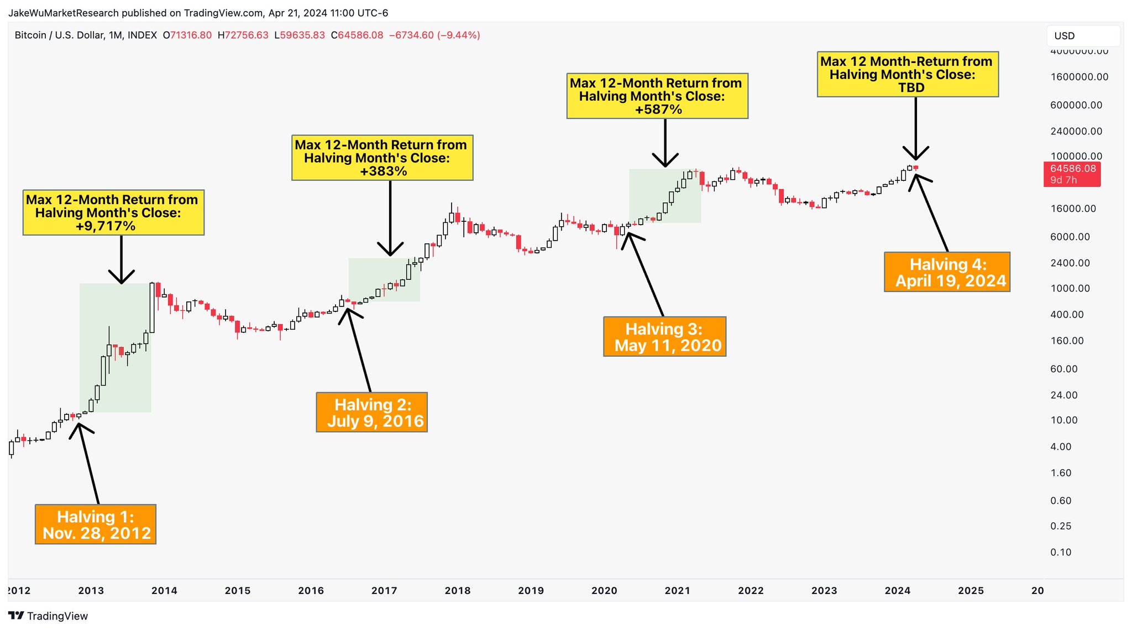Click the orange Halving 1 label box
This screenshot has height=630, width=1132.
click(x=96, y=524)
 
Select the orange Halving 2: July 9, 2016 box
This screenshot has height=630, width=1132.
click(x=372, y=413)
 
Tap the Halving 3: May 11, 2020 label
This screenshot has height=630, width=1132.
click(x=664, y=337)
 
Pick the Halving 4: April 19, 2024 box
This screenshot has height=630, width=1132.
click(x=947, y=272)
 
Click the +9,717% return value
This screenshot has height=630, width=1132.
click(x=106, y=226)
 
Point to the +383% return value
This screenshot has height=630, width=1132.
click(x=384, y=171)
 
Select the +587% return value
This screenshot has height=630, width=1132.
click(x=658, y=110)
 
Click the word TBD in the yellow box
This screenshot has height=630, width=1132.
click(x=911, y=88)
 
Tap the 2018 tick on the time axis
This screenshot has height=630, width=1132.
click(x=458, y=591)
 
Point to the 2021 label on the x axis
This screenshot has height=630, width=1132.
click(x=678, y=591)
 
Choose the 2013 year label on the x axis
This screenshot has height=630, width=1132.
click(x=91, y=591)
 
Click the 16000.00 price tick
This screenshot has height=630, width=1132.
click(x=1073, y=209)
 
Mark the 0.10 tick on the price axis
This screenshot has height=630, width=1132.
click(x=1061, y=552)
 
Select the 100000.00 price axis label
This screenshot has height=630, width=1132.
click(x=1076, y=156)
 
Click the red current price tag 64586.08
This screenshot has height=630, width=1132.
click(x=1072, y=174)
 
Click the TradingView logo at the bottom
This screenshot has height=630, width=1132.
click(x=49, y=616)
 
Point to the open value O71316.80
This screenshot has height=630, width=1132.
click(x=187, y=35)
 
